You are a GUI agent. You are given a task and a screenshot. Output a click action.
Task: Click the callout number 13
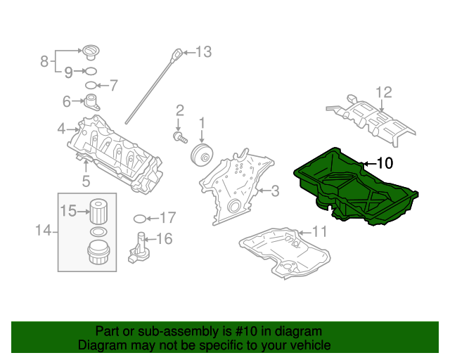(x=203, y=51)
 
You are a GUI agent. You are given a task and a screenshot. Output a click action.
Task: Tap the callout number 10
(x=384, y=163)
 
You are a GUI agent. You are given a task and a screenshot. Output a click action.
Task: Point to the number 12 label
(x=383, y=92)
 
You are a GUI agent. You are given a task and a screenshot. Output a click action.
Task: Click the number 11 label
(x=320, y=231)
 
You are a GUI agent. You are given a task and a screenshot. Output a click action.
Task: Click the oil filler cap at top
(x=90, y=52)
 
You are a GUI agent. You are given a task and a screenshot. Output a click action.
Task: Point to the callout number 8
(x=44, y=60)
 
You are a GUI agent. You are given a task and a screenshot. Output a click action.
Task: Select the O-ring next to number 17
(x=139, y=218)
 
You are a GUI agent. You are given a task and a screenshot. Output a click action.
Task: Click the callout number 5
(x=85, y=182)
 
